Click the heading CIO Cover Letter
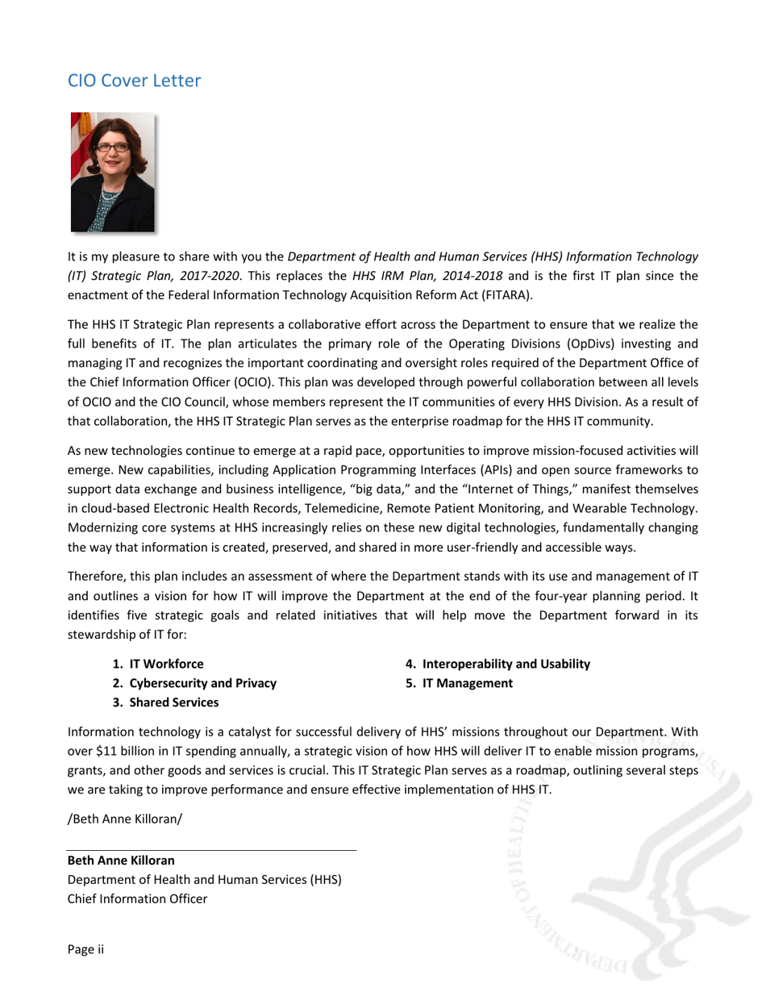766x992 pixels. (134, 81)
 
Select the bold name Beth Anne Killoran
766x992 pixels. (121, 861)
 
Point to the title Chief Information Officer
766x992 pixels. (137, 898)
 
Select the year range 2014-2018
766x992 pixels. (473, 276)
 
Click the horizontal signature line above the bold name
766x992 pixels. (211, 850)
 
